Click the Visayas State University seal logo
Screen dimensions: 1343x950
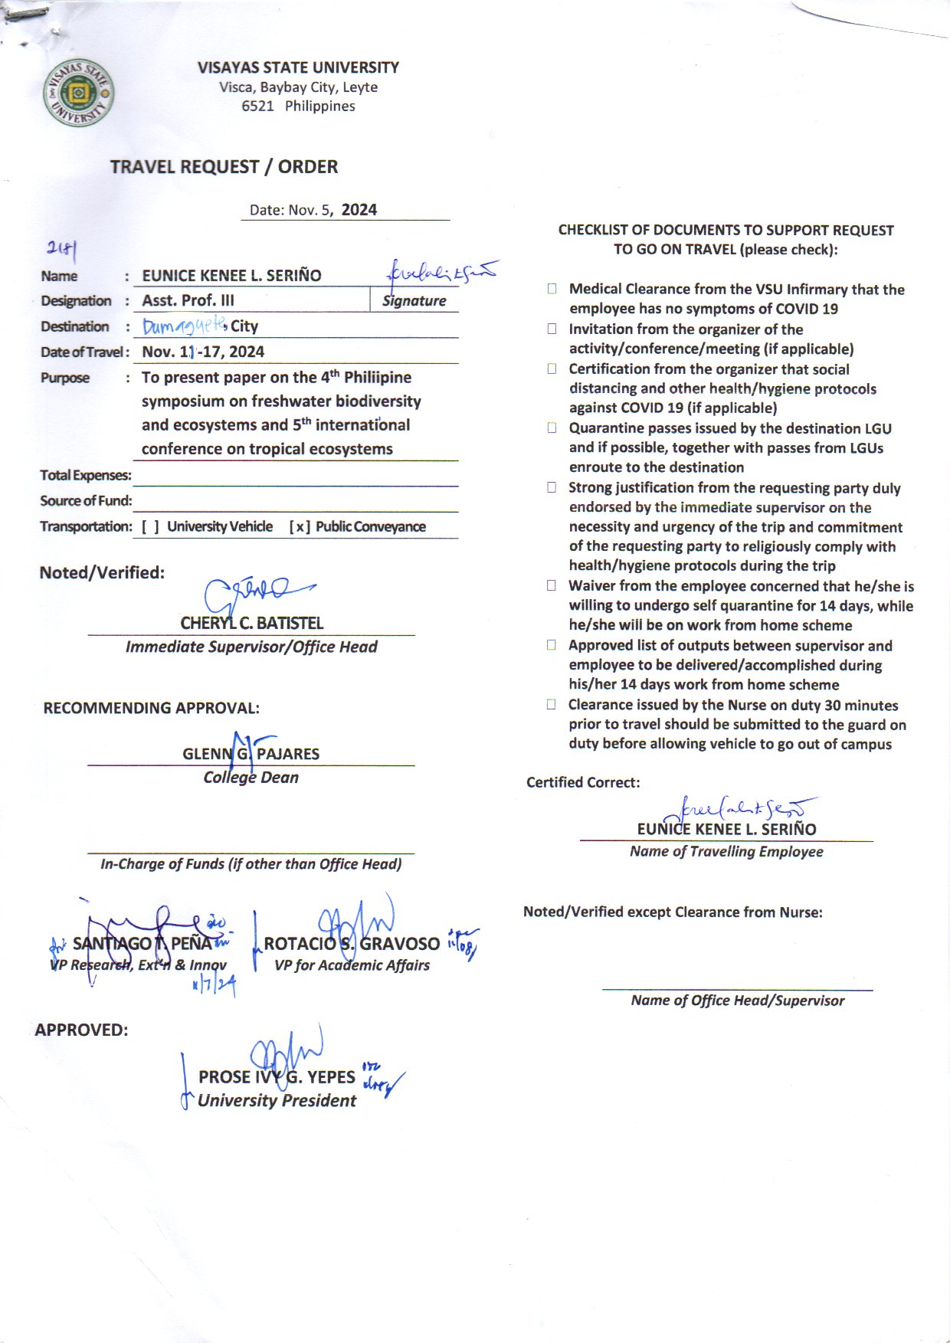pyautogui.click(x=79, y=93)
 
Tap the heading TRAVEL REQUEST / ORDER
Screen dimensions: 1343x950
pyautogui.click(x=224, y=166)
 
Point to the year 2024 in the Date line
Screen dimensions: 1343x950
pyautogui.click(x=359, y=210)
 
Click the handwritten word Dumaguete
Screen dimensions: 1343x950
pyautogui.click(x=185, y=326)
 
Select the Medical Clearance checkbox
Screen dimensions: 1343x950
pyautogui.click(x=552, y=289)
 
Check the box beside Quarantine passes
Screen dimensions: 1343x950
pyautogui.click(x=552, y=428)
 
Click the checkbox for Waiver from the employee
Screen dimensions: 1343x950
pyautogui.click(x=552, y=585)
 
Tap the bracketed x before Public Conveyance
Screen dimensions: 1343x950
pyautogui.click(x=300, y=527)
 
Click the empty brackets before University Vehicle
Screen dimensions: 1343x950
pyautogui.click(x=150, y=527)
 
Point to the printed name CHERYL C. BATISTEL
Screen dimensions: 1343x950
pyautogui.click(x=251, y=623)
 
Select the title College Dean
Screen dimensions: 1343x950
pyautogui.click(x=251, y=778)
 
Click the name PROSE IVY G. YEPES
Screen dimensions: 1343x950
pyautogui.click(x=277, y=1077)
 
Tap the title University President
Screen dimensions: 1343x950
pyautogui.click(x=277, y=1101)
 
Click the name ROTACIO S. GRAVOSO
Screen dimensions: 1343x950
pyautogui.click(x=352, y=944)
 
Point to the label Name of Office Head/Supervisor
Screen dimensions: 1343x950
pyautogui.click(x=737, y=1001)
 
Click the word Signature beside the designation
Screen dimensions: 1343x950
pyautogui.click(x=414, y=301)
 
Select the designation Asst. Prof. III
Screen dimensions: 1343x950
pyautogui.click(x=188, y=300)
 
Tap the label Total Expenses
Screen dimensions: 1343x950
pyautogui.click(x=86, y=476)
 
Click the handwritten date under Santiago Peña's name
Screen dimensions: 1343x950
pyautogui.click(x=214, y=983)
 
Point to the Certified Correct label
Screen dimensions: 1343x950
pyautogui.click(x=582, y=782)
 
